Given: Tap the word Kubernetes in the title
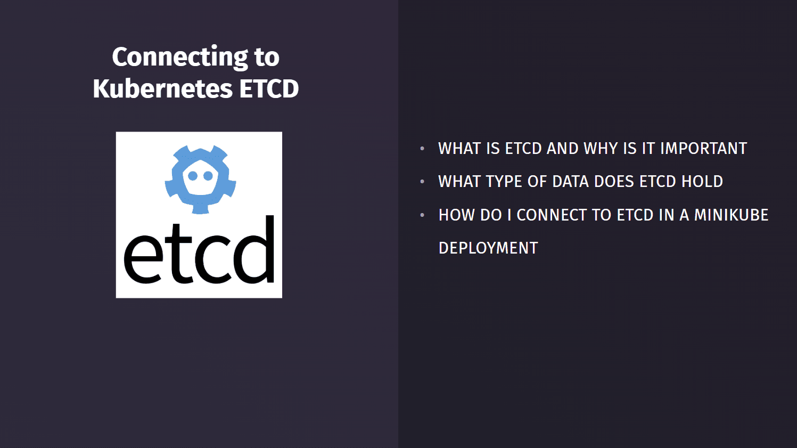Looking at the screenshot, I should coord(162,89).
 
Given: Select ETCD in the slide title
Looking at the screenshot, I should coord(269,89).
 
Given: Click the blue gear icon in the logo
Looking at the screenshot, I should coord(200,179).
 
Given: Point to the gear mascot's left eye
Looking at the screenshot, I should coord(193,176).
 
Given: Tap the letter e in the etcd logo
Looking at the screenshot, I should coord(143,259).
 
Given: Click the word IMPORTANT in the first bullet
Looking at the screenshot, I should coord(703,149).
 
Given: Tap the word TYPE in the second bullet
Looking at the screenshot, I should coord(504,182).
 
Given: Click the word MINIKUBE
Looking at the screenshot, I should coord(731,215).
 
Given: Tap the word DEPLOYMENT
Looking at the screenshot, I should coord(488,248).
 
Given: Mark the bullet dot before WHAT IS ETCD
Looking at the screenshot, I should coord(422,149).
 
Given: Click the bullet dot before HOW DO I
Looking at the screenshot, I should coord(422,215).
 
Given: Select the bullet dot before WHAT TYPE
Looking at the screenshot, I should coord(422,182).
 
